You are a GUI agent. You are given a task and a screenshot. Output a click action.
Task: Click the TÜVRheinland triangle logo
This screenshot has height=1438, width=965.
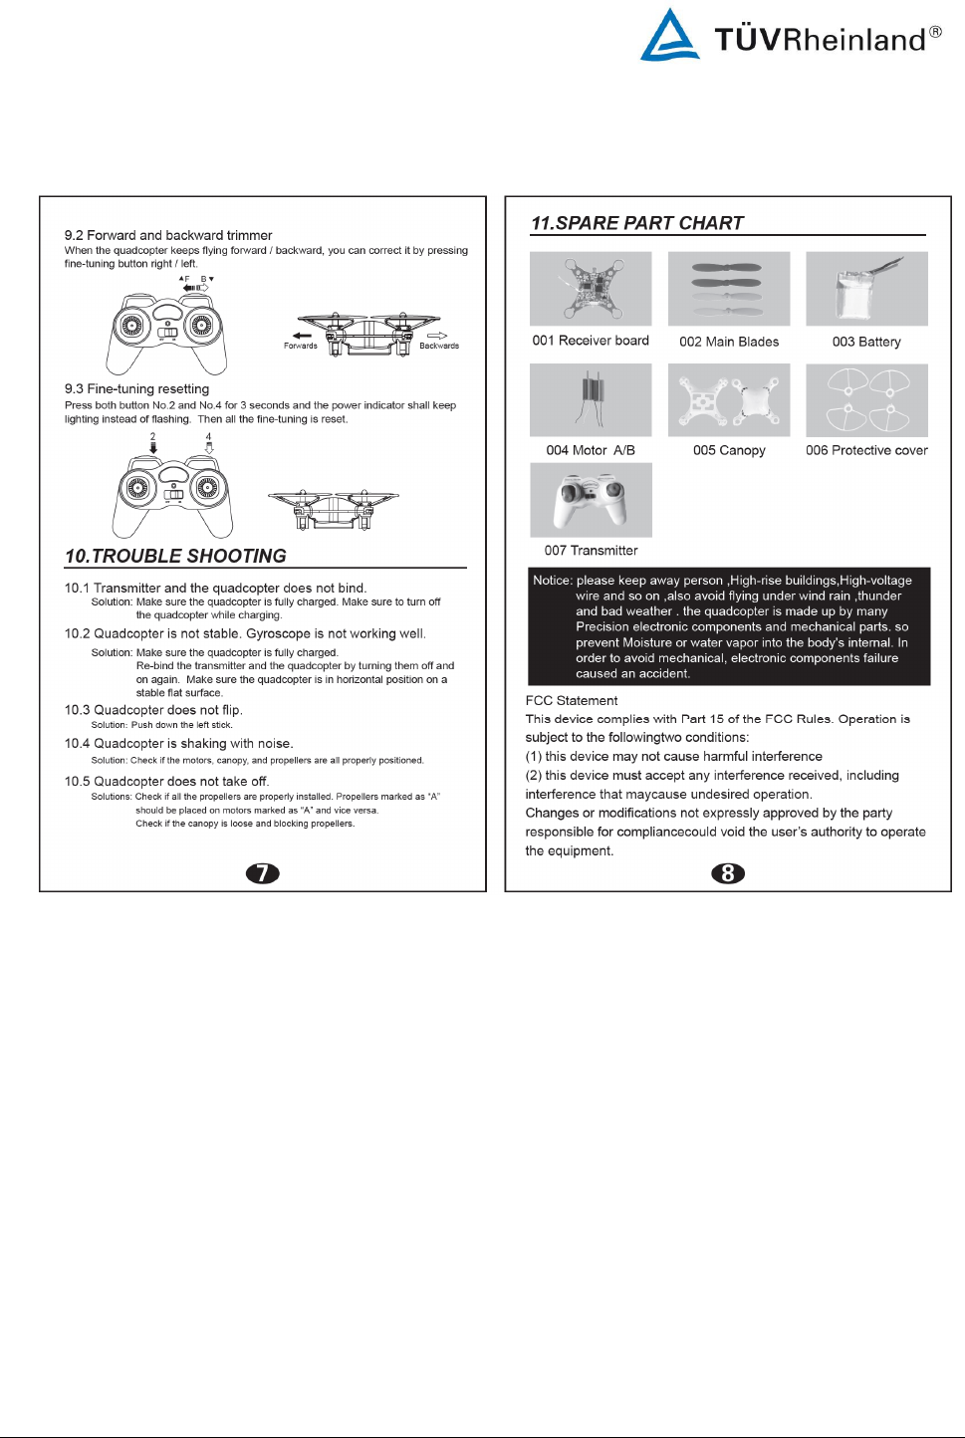[x=669, y=37]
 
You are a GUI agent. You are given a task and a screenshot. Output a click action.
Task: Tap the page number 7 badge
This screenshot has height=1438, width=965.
[x=263, y=873]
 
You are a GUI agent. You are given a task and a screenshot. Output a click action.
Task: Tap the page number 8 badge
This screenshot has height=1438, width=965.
[x=728, y=873]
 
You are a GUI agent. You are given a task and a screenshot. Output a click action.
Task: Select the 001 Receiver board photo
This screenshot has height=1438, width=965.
[x=591, y=289]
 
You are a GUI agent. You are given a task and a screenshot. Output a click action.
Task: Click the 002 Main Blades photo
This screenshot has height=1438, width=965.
[x=729, y=289]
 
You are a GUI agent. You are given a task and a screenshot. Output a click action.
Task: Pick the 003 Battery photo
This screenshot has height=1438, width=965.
[x=866, y=289]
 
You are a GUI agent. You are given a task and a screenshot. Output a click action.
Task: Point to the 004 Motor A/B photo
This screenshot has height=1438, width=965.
[x=591, y=399]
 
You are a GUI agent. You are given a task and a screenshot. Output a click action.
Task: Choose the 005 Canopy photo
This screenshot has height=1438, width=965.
[x=729, y=399]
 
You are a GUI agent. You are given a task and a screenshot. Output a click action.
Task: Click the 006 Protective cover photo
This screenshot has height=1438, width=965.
[x=866, y=399]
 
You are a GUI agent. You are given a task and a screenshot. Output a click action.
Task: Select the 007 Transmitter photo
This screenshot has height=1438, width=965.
[x=591, y=500]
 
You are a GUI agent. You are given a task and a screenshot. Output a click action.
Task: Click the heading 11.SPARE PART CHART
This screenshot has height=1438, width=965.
[x=637, y=223]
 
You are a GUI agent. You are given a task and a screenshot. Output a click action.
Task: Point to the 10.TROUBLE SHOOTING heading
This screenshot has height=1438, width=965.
[x=175, y=556]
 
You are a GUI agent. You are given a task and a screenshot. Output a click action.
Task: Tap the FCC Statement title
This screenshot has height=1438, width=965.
[x=572, y=700]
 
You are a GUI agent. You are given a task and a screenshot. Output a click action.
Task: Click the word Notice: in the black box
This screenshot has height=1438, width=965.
[x=552, y=581]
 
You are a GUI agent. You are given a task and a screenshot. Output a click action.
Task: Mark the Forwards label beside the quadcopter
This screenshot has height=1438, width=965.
[x=300, y=346]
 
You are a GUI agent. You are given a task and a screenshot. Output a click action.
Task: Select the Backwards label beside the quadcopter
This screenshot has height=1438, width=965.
[x=438, y=346]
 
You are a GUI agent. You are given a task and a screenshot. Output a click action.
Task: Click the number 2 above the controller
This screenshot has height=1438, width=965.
[x=153, y=436]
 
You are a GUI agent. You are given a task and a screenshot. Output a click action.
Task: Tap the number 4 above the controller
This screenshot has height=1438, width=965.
[x=209, y=436]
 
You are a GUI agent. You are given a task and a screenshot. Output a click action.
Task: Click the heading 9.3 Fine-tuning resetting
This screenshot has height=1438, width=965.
[x=137, y=388]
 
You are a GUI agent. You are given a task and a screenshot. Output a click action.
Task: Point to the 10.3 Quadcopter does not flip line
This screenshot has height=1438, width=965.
[x=153, y=710]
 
